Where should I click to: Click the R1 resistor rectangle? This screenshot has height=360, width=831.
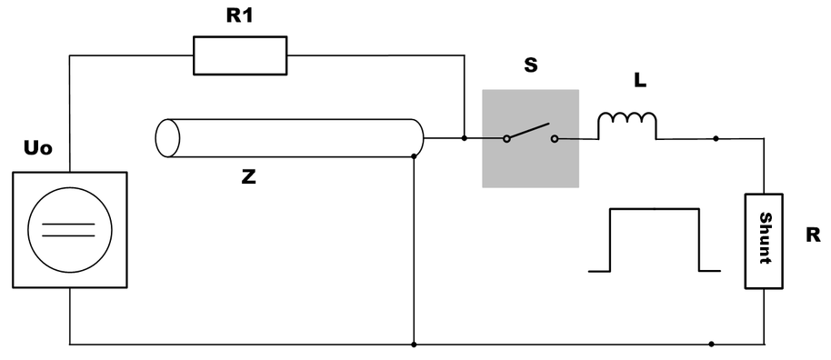click(240, 55)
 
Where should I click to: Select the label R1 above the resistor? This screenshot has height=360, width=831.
click(239, 18)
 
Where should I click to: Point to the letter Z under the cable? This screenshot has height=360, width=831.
click(248, 177)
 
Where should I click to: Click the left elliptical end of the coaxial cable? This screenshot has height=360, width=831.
click(167, 138)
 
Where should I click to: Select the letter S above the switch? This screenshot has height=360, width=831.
click(530, 66)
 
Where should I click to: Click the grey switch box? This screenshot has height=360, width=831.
click(530, 138)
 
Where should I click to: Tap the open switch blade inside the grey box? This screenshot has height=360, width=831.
click(529, 132)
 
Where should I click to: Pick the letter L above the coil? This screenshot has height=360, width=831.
click(640, 82)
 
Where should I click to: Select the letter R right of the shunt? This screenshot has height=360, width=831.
click(813, 235)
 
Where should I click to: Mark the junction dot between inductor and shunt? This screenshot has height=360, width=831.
click(716, 139)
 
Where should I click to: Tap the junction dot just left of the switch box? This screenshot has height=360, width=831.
click(465, 139)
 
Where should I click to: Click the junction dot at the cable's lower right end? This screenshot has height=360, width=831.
click(414, 156)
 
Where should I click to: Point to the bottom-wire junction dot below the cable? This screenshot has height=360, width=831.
click(414, 345)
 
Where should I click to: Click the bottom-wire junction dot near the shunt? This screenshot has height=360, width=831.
click(711, 345)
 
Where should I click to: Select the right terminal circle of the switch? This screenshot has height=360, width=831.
click(554, 139)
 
